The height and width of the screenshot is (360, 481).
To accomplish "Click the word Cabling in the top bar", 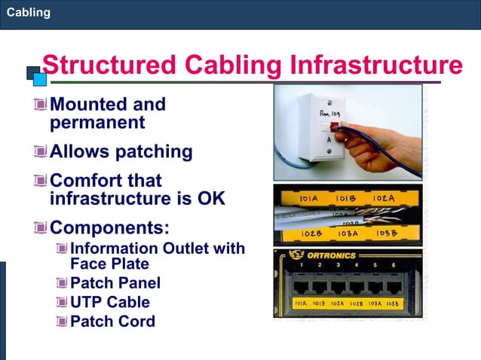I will pos(29,12).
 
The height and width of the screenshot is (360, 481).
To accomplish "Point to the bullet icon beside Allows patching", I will pos(41,151).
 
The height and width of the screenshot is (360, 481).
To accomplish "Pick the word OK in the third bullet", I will pos(210,199).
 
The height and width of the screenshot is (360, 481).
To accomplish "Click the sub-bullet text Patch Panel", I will pos(115,283).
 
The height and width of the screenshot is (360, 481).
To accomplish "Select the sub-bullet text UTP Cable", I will pos(110,302).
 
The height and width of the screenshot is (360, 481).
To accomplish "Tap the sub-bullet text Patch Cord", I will pos(112,321).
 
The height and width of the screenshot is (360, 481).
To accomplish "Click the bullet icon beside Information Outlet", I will pos(61,248).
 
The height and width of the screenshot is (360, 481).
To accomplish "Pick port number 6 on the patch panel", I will pos(393,265).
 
